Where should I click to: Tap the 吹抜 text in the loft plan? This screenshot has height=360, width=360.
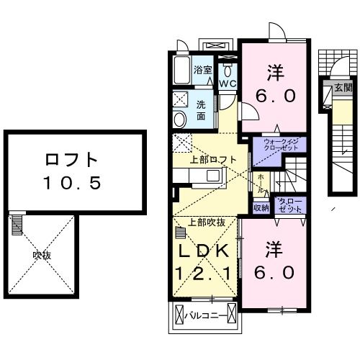click(x=42, y=255)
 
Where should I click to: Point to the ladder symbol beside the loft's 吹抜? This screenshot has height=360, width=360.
click(x=17, y=227)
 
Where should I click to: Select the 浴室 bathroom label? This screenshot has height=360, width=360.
click(x=203, y=70)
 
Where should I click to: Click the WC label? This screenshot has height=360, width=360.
click(x=228, y=84)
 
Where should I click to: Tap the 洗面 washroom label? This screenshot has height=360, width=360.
click(x=202, y=109)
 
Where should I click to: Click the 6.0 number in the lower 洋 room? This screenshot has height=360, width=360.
click(x=274, y=273)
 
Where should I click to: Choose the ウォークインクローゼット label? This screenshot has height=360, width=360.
click(x=279, y=145)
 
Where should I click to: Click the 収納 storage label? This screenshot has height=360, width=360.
click(x=261, y=207)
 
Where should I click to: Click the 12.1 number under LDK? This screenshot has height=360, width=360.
click(x=204, y=274)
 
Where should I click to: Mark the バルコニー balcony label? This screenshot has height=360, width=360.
click(x=204, y=315)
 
